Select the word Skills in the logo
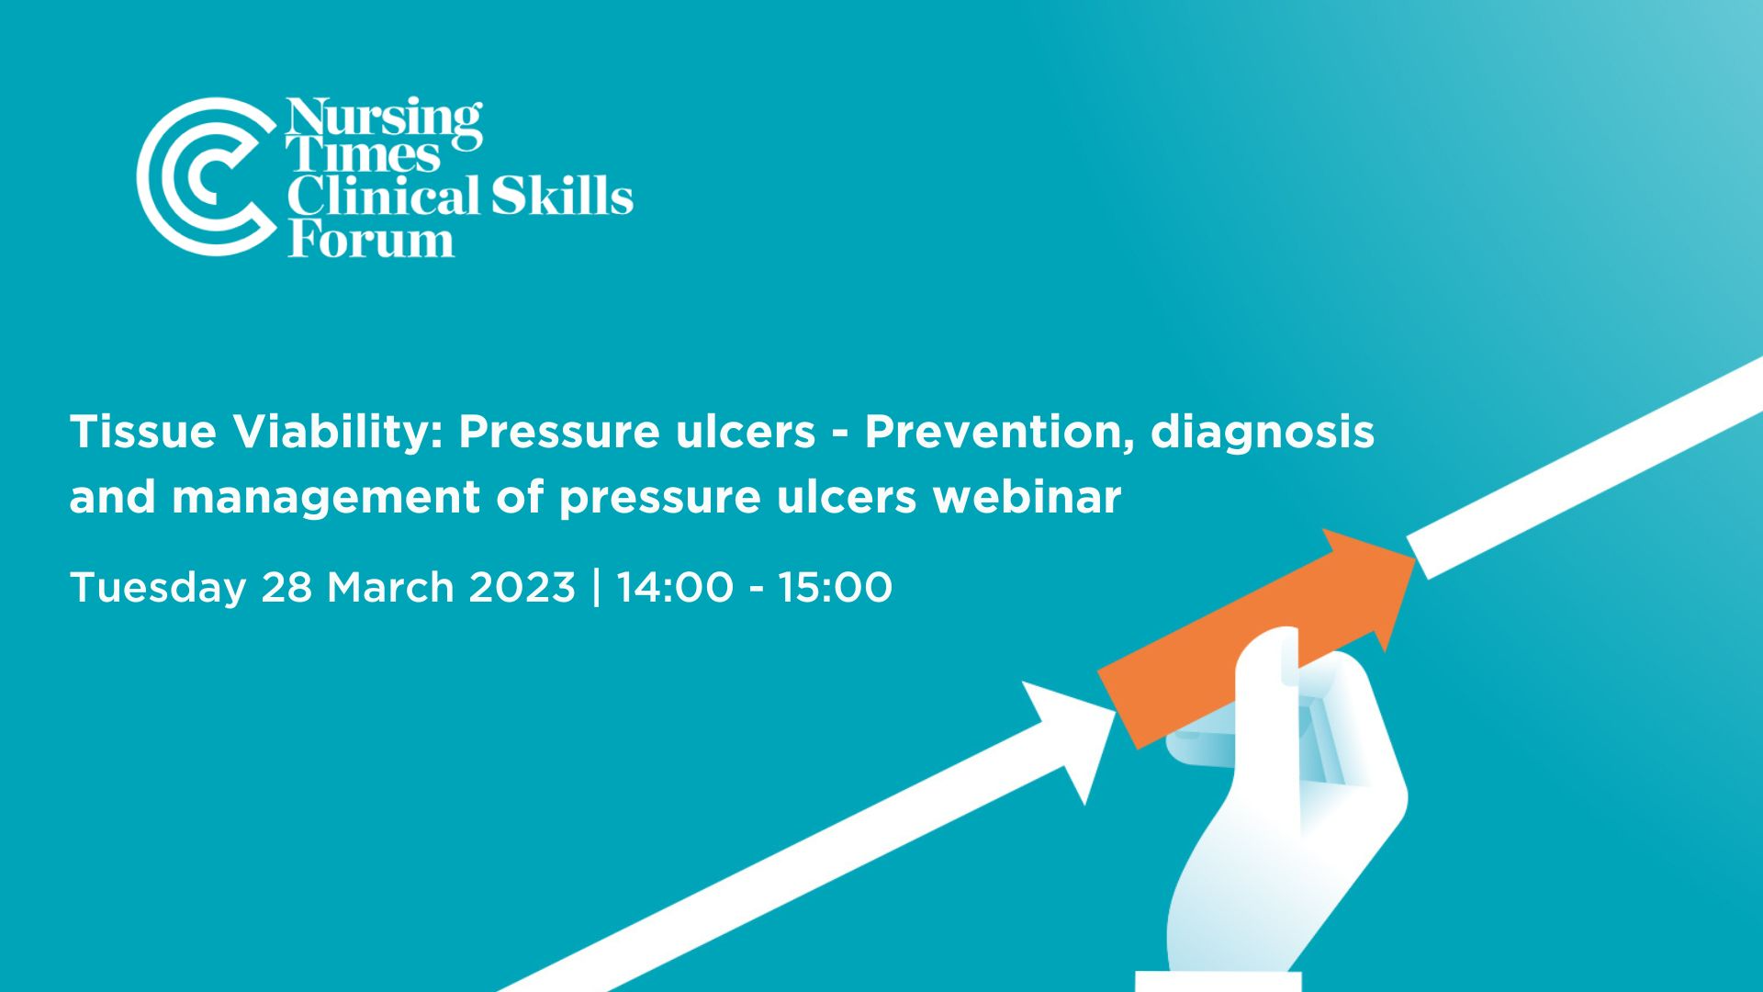(x=561, y=197)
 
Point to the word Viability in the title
(x=337, y=431)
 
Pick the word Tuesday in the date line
(x=157, y=588)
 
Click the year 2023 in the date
(x=522, y=587)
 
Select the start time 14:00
(x=675, y=587)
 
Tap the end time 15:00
(x=835, y=587)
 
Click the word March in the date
(x=390, y=587)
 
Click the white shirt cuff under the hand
(x=1218, y=980)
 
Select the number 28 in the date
(x=286, y=587)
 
